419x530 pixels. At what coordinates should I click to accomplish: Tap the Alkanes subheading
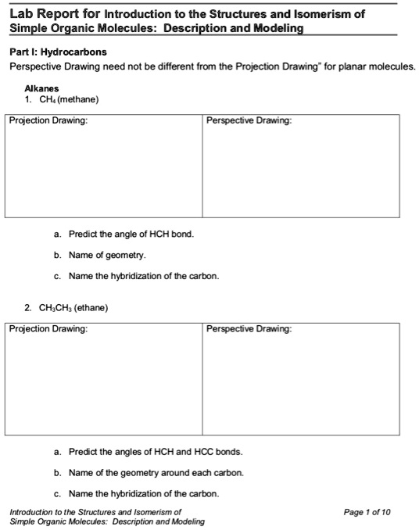coord(41,89)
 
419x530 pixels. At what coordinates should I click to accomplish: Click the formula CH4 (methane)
coord(67,99)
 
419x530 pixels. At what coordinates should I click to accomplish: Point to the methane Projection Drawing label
coord(48,121)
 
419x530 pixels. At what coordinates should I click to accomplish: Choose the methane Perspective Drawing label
coord(249,121)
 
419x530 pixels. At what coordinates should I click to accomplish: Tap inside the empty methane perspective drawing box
coord(300,172)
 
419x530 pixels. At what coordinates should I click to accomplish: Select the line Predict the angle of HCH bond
coord(131,235)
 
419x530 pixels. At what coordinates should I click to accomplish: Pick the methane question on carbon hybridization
coord(144,276)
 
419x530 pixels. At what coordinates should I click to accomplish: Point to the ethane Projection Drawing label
coord(48,329)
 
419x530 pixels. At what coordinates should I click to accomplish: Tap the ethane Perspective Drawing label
coord(249,329)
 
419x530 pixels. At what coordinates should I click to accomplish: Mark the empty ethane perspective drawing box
coord(300,383)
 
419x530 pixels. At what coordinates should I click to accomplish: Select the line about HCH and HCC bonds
coord(156,452)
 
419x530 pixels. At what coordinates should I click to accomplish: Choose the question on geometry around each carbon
coord(156,473)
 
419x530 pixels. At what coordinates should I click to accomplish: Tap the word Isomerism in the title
coord(325,13)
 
